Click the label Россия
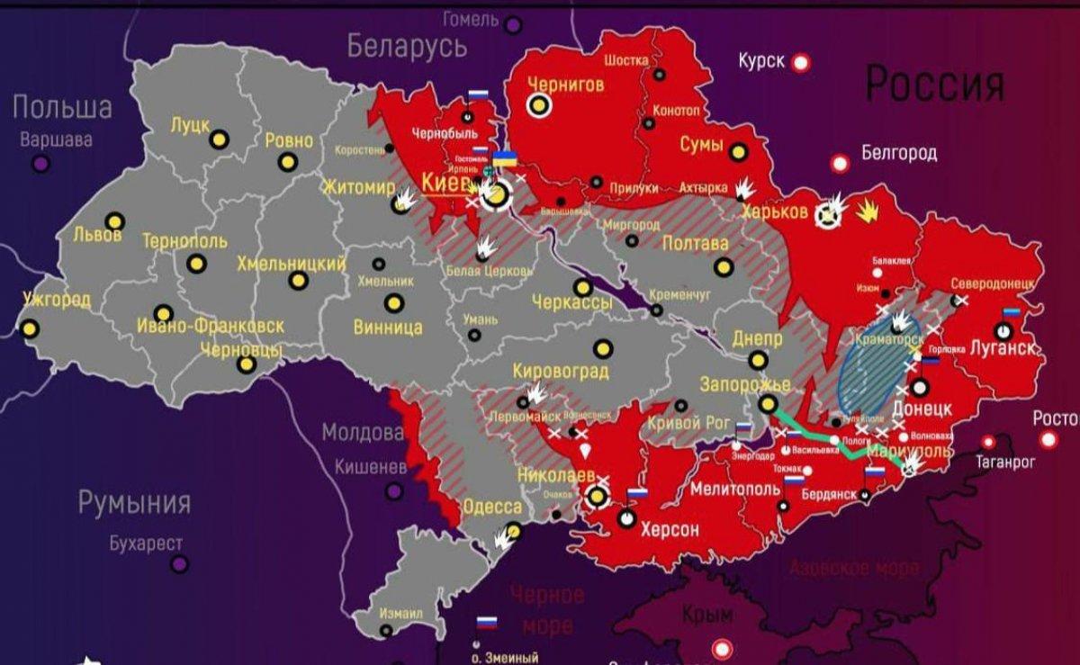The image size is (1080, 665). tap(934, 85)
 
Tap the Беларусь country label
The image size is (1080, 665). tap(407, 45)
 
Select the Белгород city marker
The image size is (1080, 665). tap(840, 163)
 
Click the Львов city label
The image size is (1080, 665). tap(98, 236)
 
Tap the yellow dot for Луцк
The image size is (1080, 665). tap(219, 139)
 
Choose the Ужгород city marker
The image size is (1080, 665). tap(30, 328)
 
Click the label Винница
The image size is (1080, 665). tap(387, 327)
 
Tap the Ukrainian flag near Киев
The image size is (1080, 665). tap(505, 159)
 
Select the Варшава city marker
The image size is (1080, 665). tap(40, 164)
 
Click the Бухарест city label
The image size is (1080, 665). tap(146, 544)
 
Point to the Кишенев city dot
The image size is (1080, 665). tap(393, 490)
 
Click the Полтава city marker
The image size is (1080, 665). tap(724, 267)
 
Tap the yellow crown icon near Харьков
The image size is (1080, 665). tap(868, 212)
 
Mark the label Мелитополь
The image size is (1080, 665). tap(735, 490)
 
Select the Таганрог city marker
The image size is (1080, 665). tap(988, 442)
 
